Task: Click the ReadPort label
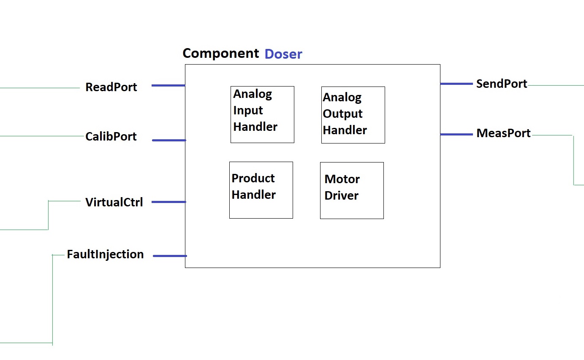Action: click(x=111, y=87)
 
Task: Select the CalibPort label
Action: click(x=111, y=136)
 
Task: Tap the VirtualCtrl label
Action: click(x=114, y=202)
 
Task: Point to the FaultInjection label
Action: click(x=105, y=254)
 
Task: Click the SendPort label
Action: click(x=502, y=84)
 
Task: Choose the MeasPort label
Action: click(x=503, y=133)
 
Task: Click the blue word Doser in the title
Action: click(x=283, y=54)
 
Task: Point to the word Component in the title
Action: click(x=221, y=54)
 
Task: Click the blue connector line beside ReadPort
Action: click(x=168, y=85)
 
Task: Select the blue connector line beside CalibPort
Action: click(x=169, y=140)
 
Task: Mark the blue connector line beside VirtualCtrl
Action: click(x=168, y=202)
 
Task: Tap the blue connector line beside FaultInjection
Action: click(x=170, y=256)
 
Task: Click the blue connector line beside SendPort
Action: click(x=456, y=84)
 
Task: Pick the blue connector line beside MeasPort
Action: click(x=456, y=134)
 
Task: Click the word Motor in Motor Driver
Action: click(x=342, y=179)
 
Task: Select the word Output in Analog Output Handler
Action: click(x=342, y=114)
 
